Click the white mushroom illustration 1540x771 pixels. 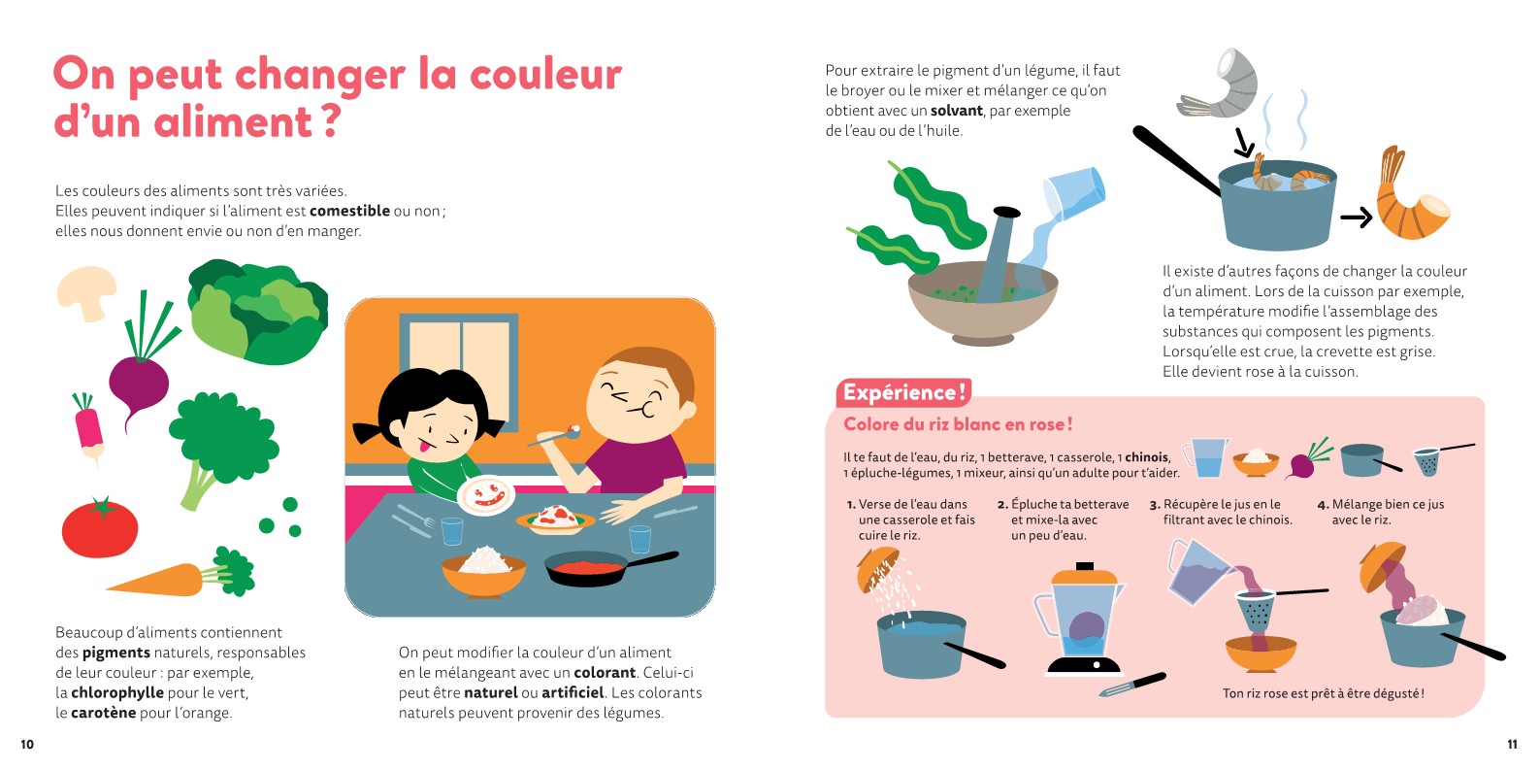85,291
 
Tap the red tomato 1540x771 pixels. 100,527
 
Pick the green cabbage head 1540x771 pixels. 258,312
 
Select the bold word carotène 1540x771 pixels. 103,713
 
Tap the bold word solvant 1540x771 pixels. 956,111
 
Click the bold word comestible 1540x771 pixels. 349,211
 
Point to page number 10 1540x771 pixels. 27,744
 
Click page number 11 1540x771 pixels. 1512,744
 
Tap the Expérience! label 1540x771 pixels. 903,392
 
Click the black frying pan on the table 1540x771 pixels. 609,567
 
